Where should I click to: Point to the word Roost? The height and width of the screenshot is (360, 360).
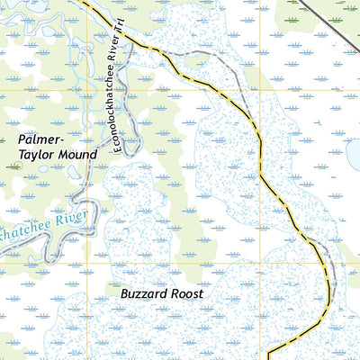pyautogui.click(x=185, y=294)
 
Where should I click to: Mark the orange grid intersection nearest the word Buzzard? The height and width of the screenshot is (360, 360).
pyautogui.click(x=87, y=264)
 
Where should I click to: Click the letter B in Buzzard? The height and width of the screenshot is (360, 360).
pyautogui.click(x=124, y=294)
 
